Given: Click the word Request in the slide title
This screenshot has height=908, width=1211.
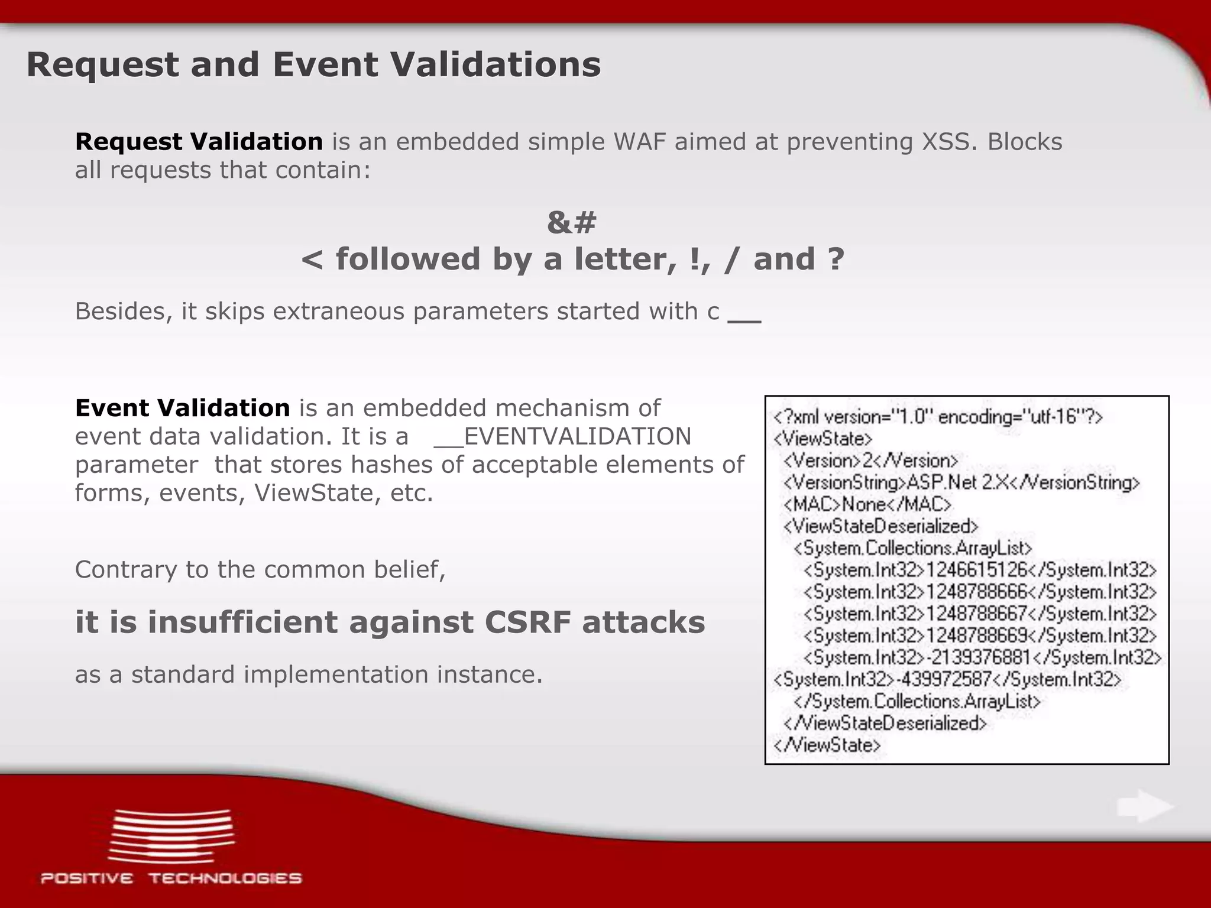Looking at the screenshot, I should click(x=102, y=65).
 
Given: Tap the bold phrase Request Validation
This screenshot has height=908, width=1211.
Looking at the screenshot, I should click(x=199, y=142).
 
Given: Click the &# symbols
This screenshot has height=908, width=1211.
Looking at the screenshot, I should click(x=572, y=223).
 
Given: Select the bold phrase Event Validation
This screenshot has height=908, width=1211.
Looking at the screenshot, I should click(x=182, y=408).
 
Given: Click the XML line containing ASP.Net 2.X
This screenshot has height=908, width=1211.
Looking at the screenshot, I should click(x=961, y=483).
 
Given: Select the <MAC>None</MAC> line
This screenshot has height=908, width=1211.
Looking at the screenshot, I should click(x=867, y=505).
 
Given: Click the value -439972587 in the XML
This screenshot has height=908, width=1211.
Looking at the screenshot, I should click(x=944, y=679).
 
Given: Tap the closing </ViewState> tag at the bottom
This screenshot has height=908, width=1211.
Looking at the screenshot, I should click(x=827, y=745).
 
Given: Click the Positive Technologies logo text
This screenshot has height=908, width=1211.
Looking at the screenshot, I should click(x=171, y=878).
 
